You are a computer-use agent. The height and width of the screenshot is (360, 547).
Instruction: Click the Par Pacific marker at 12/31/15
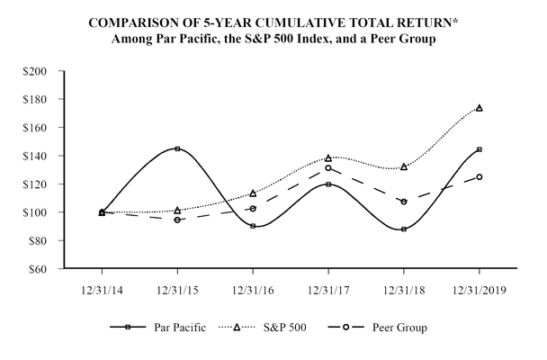click(x=177, y=148)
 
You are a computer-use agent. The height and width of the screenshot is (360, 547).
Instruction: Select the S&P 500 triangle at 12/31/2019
click(x=479, y=108)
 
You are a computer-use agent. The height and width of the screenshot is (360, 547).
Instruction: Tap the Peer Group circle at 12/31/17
click(x=328, y=167)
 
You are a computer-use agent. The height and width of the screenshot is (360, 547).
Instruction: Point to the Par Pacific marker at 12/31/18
click(x=404, y=229)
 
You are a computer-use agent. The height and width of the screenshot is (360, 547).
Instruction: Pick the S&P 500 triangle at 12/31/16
click(x=253, y=193)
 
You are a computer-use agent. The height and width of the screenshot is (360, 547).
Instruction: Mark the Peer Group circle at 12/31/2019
click(x=479, y=176)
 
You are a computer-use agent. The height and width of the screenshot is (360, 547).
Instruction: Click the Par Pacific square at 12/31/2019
click(x=479, y=149)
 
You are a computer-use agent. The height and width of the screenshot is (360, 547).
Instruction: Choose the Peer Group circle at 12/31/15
click(x=177, y=220)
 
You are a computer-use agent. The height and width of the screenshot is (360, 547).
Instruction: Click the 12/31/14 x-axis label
click(x=102, y=291)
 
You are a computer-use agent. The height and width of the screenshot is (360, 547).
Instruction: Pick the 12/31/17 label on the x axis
click(x=328, y=291)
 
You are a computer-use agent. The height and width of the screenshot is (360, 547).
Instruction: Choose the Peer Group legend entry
click(x=401, y=328)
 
